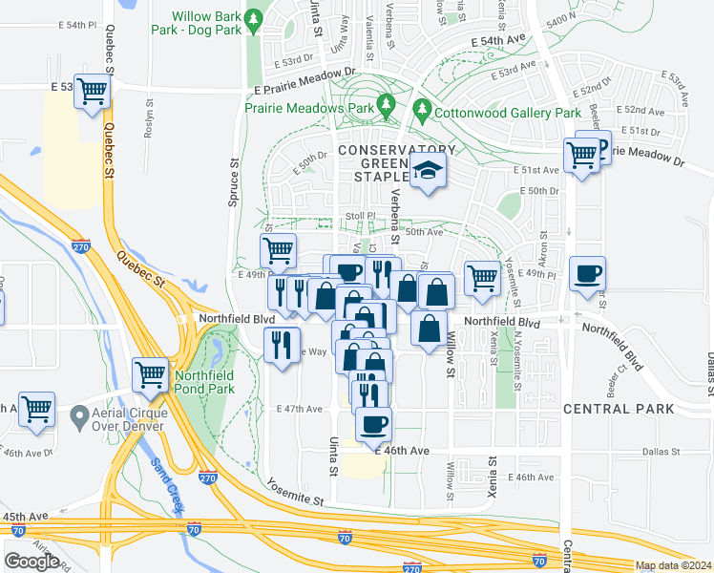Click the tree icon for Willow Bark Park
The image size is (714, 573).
(x=253, y=18)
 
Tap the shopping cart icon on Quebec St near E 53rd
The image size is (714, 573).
(x=93, y=92)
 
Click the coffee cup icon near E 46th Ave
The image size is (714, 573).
(x=373, y=422)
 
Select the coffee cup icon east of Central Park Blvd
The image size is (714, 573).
(x=586, y=273)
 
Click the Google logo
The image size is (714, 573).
(x=31, y=561)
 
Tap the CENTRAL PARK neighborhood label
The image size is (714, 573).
(x=619, y=409)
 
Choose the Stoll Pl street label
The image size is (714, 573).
(x=360, y=217)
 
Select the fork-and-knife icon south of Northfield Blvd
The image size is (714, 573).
(x=279, y=344)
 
